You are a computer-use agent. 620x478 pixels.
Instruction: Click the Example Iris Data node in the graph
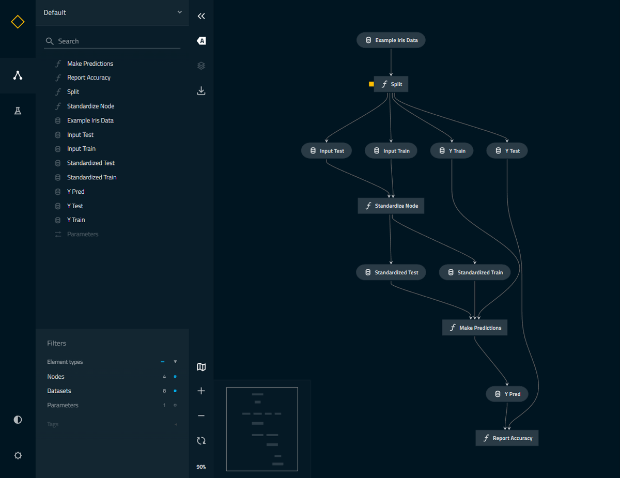pyautogui.click(x=391, y=40)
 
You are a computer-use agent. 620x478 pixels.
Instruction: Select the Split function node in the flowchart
pyautogui.click(x=391, y=84)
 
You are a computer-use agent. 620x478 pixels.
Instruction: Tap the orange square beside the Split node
pyautogui.click(x=371, y=84)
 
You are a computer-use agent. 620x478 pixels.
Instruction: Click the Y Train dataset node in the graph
pyautogui.click(x=452, y=151)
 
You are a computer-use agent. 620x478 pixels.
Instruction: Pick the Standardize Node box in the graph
pyautogui.click(x=391, y=206)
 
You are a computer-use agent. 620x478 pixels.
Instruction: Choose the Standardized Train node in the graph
pyautogui.click(x=475, y=272)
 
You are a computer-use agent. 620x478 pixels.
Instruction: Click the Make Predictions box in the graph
pyautogui.click(x=475, y=328)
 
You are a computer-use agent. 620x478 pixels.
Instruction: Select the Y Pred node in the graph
pyautogui.click(x=507, y=394)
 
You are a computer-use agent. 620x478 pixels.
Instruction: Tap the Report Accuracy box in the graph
pyautogui.click(x=507, y=438)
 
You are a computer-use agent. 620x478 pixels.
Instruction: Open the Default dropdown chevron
pyautogui.click(x=180, y=12)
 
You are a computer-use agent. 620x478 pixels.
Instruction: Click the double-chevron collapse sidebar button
pyautogui.click(x=201, y=16)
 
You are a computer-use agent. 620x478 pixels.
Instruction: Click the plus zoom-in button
pyautogui.click(x=201, y=391)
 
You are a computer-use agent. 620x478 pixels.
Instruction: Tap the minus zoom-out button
pyautogui.click(x=201, y=416)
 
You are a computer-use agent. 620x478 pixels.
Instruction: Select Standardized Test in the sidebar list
pyautogui.click(x=91, y=163)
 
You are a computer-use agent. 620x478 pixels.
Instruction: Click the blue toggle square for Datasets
pyautogui.click(x=175, y=391)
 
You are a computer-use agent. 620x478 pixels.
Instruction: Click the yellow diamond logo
pyautogui.click(x=18, y=22)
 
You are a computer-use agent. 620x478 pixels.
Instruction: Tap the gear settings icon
pyautogui.click(x=18, y=455)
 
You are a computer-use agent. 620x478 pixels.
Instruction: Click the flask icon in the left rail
pyautogui.click(x=18, y=111)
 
